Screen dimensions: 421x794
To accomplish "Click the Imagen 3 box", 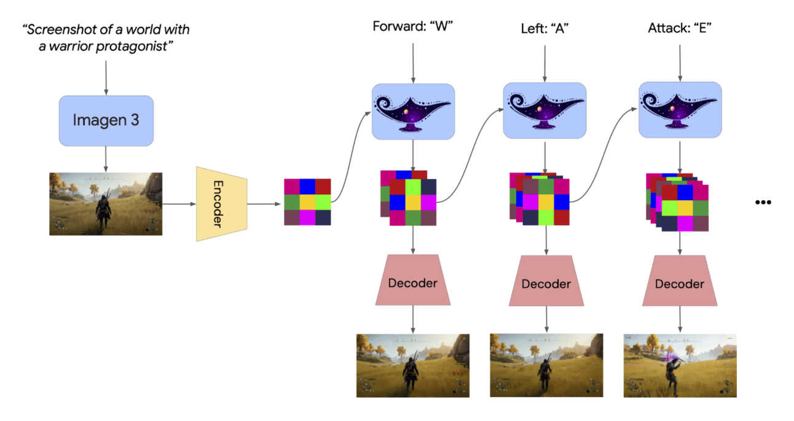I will pyautogui.click(x=106, y=120).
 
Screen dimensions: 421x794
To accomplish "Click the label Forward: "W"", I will pyautogui.click(x=412, y=27).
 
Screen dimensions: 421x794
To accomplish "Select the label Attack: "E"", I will pyautogui.click(x=679, y=28).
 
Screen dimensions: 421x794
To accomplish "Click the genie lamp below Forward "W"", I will pyautogui.click(x=412, y=111).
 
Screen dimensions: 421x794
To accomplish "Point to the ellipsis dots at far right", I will pyautogui.click(x=763, y=202).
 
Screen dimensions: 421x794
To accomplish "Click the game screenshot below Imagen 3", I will pyautogui.click(x=106, y=203).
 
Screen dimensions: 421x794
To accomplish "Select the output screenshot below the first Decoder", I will pyautogui.click(x=412, y=365).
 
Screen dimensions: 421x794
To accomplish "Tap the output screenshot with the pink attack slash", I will pyautogui.click(x=679, y=366).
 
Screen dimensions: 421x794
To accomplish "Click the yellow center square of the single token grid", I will pyautogui.click(x=307, y=201).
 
